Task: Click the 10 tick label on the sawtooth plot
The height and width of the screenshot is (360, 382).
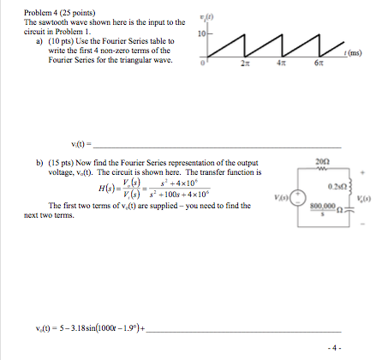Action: pos(199,35)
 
